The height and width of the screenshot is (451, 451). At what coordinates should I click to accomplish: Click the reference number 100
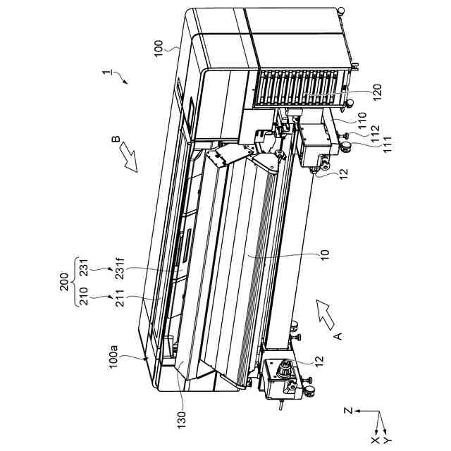159,47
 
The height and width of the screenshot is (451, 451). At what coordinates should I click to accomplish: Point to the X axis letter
375,441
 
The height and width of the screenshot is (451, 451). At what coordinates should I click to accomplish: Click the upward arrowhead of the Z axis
359,411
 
